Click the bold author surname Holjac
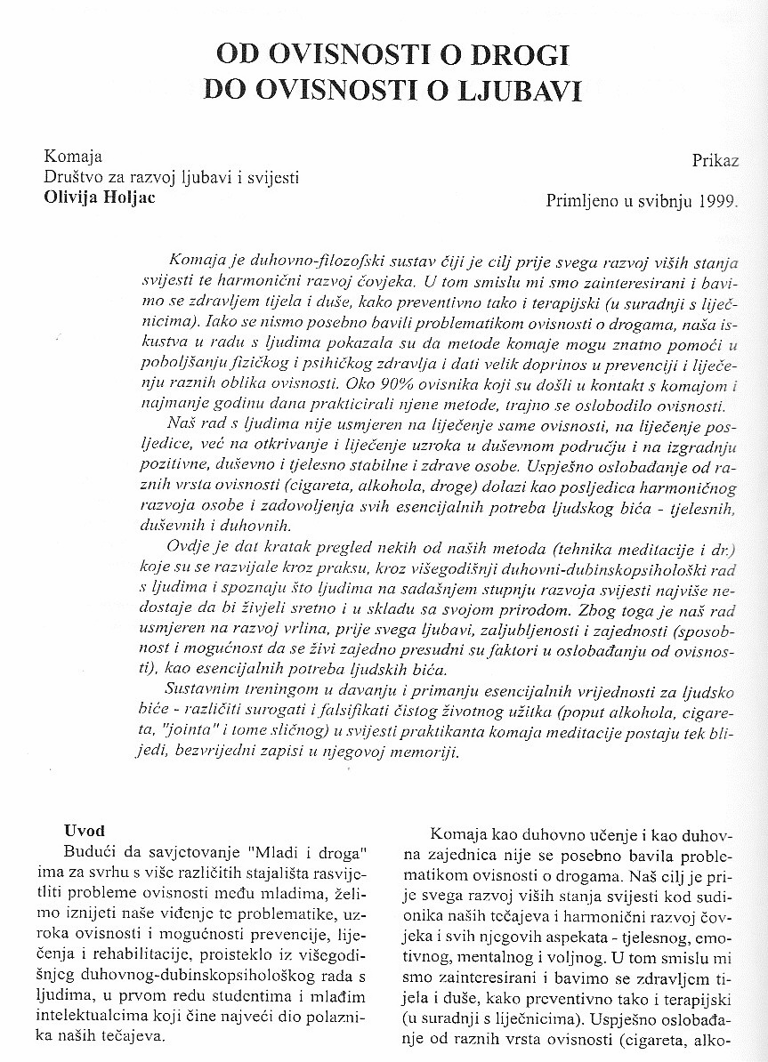[126, 197]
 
